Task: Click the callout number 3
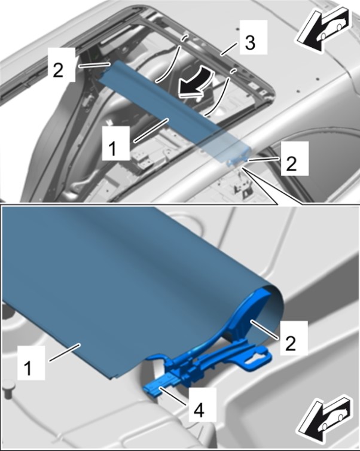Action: [x=250, y=43]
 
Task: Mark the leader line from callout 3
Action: [x=229, y=48]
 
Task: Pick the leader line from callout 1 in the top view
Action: [x=151, y=130]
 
